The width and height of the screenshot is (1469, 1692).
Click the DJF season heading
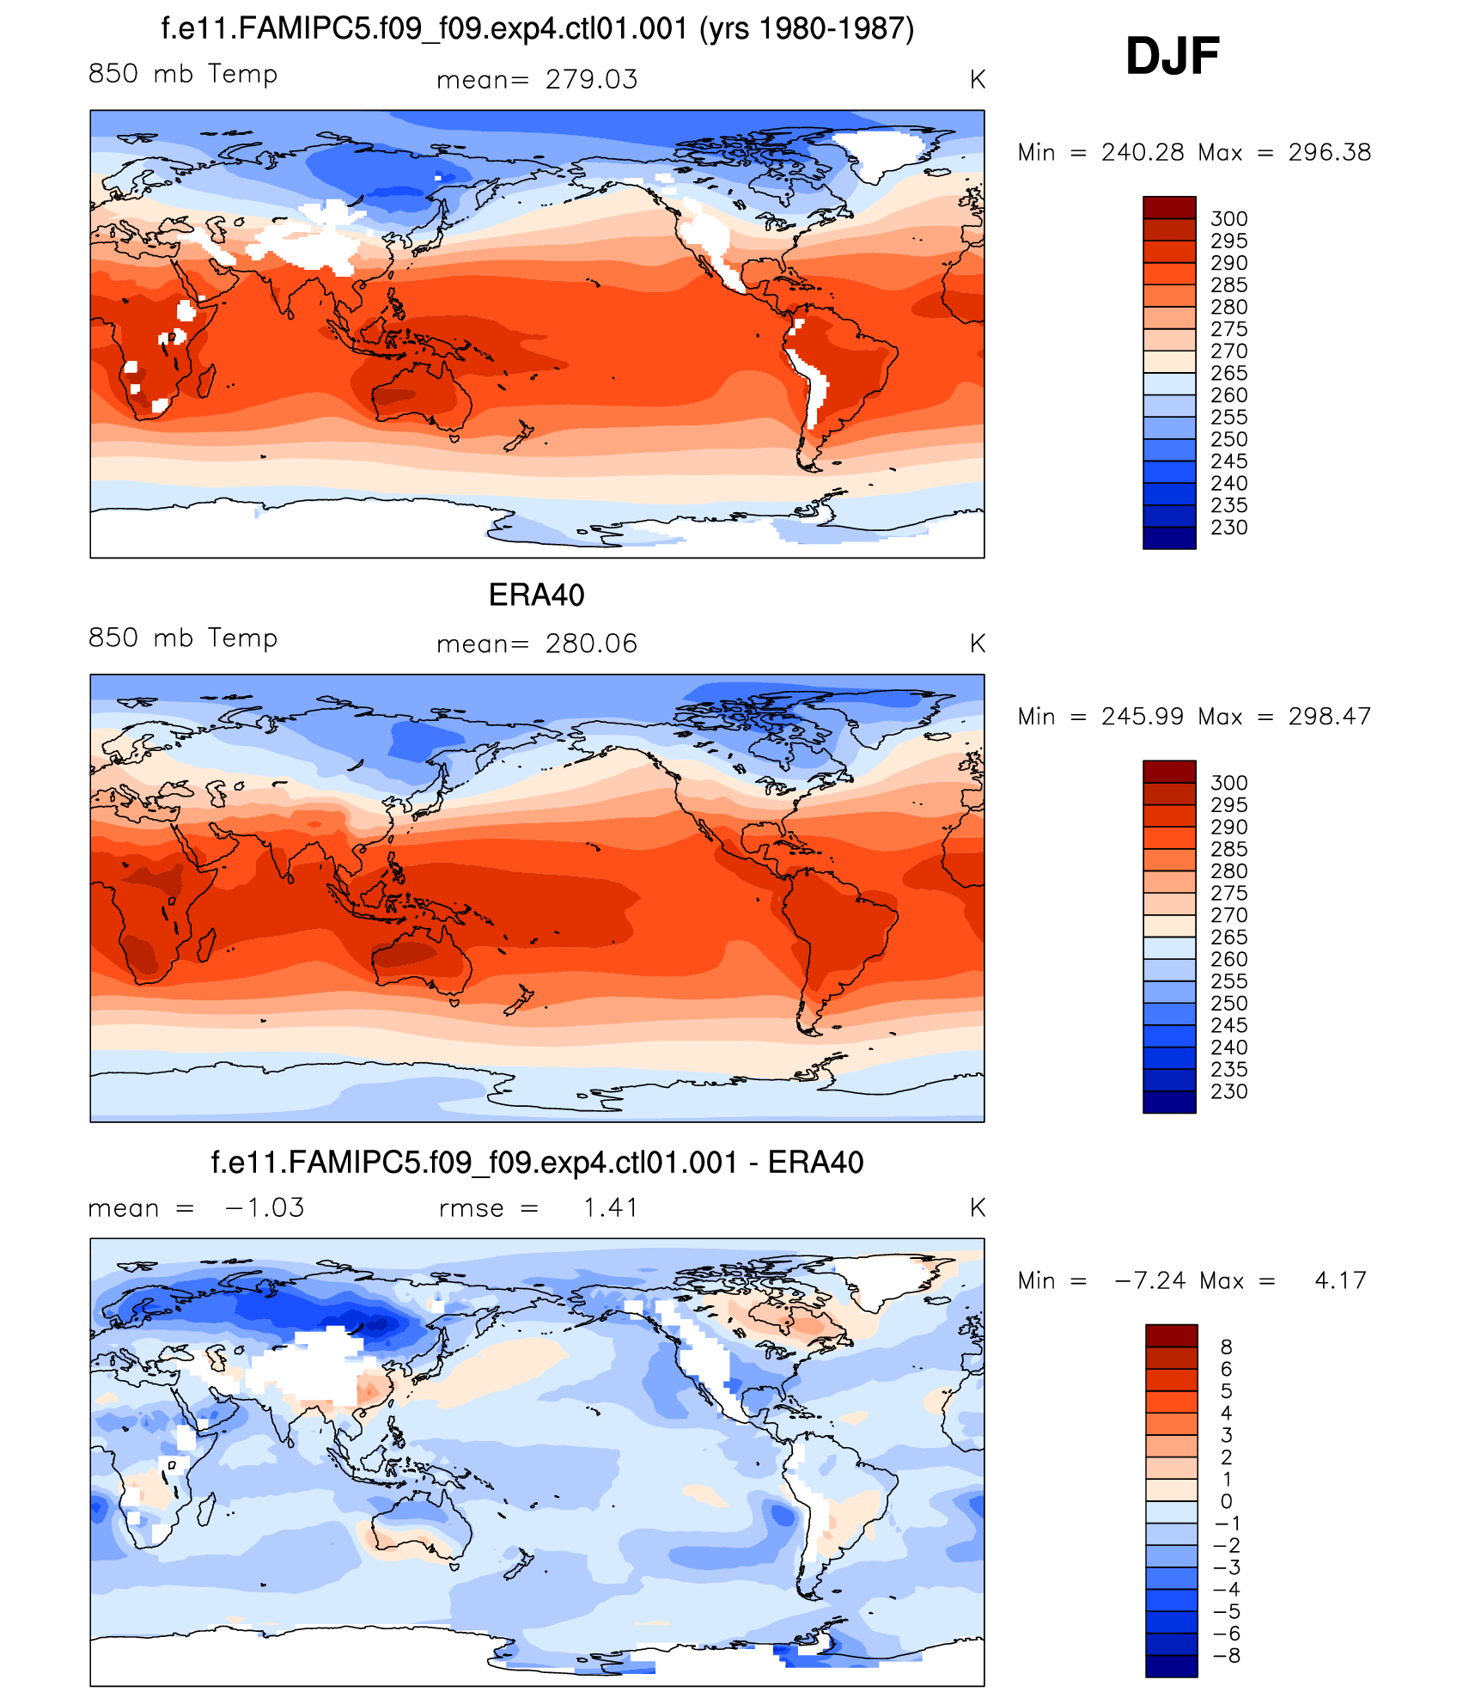pyautogui.click(x=1172, y=57)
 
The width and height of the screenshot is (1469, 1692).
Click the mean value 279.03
pyautogui.click(x=591, y=80)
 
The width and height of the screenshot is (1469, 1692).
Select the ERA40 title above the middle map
pyautogui.click(x=536, y=595)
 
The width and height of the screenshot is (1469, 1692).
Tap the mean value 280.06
pyautogui.click(x=591, y=644)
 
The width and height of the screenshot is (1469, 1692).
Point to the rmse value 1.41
pyautogui.click(x=611, y=1208)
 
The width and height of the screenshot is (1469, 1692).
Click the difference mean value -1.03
pyautogui.click(x=264, y=1208)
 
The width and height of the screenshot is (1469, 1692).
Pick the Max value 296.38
pyautogui.click(x=1329, y=153)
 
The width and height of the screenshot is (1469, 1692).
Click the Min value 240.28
pyautogui.click(x=1143, y=153)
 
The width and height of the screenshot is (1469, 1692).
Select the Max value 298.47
pyautogui.click(x=1329, y=717)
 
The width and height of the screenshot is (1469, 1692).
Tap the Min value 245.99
pyautogui.click(x=1143, y=717)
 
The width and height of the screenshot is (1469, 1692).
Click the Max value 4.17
pyautogui.click(x=1340, y=1281)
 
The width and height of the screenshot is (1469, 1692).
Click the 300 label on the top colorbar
pyautogui.click(x=1228, y=219)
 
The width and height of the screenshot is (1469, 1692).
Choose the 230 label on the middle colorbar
pyautogui.click(x=1228, y=1092)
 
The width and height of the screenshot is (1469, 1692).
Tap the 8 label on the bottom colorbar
pyautogui.click(x=1226, y=1347)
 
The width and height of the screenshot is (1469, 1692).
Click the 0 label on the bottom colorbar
pyautogui.click(x=1226, y=1502)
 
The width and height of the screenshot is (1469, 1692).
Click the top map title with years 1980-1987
pyautogui.click(x=537, y=29)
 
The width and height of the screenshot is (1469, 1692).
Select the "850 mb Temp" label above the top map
pyautogui.click(x=183, y=75)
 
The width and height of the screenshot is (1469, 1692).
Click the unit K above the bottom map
pyautogui.click(x=977, y=1208)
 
